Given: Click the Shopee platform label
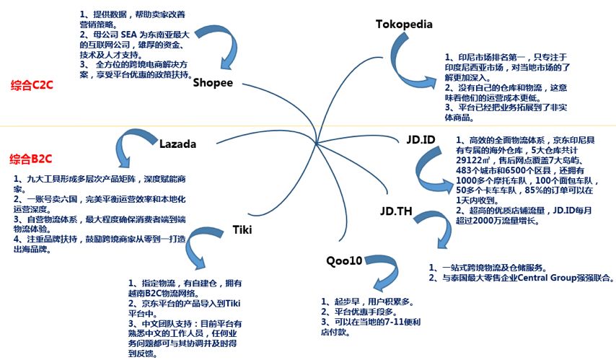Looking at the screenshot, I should [x=213, y=82].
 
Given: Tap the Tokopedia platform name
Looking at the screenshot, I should [x=404, y=25].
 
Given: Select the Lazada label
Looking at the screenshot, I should [x=177, y=144].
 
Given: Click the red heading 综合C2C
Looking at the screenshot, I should [x=32, y=85].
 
